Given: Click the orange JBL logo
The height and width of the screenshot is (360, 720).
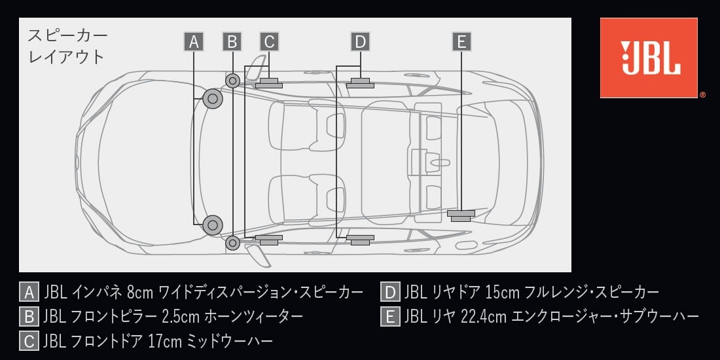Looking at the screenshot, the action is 649,58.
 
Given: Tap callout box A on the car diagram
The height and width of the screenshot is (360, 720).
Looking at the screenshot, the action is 194,42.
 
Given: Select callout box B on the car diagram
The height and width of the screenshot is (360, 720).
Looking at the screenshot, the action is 232,42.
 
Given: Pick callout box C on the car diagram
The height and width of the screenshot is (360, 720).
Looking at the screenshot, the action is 269,42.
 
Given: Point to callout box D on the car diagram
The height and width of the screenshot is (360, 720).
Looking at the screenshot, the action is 361,42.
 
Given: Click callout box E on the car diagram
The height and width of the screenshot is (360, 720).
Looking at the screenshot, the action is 461,42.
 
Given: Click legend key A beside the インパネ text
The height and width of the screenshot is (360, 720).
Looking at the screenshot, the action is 29,292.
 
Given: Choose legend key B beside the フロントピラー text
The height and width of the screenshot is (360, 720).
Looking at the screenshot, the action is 29,317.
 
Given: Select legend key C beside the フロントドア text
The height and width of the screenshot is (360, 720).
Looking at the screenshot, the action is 29,341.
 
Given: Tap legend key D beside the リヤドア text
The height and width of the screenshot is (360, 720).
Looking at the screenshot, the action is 390,292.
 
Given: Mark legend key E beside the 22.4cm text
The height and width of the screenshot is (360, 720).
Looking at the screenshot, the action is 390,317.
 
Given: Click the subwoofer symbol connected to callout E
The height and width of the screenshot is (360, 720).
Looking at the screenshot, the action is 461,215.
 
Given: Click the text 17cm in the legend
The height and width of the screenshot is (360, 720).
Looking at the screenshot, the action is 165,341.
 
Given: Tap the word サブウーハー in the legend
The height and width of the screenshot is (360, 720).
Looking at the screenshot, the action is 660,317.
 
